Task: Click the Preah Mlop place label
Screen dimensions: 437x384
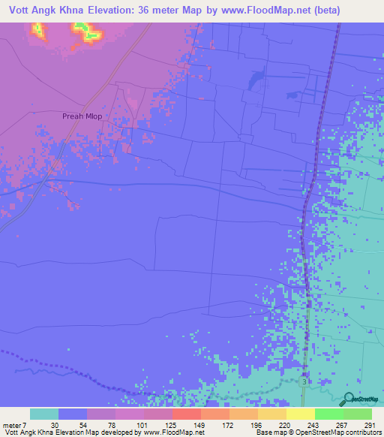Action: (x=82, y=116)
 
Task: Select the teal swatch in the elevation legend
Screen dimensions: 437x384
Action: (x=44, y=414)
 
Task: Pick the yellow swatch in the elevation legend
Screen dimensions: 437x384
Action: (x=299, y=414)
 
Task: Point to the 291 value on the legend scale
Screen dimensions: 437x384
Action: (x=367, y=424)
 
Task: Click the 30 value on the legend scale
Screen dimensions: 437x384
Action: (x=55, y=424)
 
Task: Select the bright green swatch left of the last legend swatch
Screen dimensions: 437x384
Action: (x=328, y=414)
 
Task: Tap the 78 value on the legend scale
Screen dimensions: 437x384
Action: (x=112, y=424)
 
